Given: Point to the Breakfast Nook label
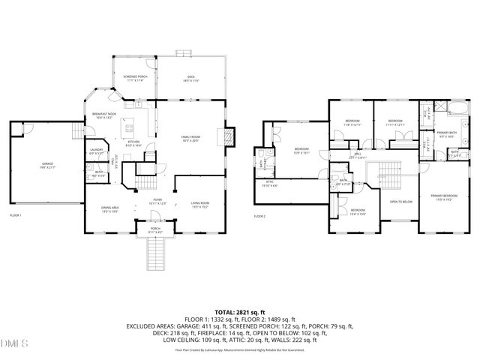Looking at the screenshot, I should pyautogui.click(x=102, y=115).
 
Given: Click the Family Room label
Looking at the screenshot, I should pyautogui.click(x=190, y=138).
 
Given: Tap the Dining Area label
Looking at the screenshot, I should pyautogui.click(x=110, y=210).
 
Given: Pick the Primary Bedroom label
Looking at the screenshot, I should pyautogui.click(x=442, y=198).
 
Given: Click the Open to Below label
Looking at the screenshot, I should pyautogui.click(x=400, y=202).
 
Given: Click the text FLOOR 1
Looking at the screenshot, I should pyautogui.click(x=15, y=216).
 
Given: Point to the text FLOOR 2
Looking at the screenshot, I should pyautogui.click(x=259, y=216).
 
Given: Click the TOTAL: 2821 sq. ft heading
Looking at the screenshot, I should pyautogui.click(x=240, y=311).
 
